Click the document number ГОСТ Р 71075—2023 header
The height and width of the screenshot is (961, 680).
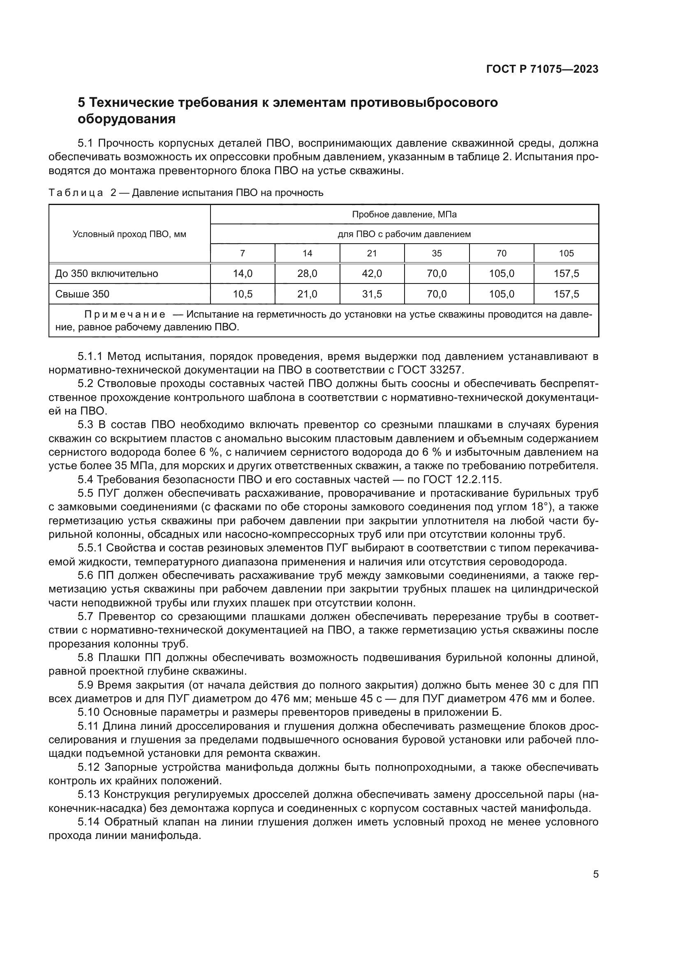coord(542,69)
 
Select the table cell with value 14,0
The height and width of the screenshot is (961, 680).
coord(243,274)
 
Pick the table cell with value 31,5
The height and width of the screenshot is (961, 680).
coord(372,294)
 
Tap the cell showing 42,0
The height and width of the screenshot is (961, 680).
coord(372,274)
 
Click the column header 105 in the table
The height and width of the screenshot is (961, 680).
coord(566,253)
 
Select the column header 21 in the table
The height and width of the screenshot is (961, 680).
coord(372,253)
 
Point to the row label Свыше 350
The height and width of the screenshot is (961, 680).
coord(82,294)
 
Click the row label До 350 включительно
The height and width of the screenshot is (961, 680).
coord(106,274)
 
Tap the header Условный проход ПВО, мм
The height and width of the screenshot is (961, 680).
coord(130,234)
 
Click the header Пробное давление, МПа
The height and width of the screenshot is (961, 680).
coord(404,215)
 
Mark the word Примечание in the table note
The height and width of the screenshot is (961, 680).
coord(125,314)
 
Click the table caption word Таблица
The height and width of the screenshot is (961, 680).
coord(76,193)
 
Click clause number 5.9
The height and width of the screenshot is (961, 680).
coord(87,685)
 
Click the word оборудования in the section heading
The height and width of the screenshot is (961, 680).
coord(127,119)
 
